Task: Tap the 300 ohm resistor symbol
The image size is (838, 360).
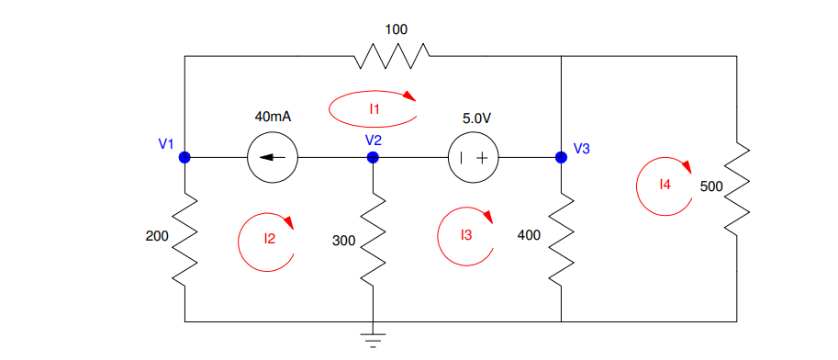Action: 373,241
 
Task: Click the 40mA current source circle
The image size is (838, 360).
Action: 273,157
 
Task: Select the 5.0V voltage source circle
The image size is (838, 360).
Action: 472,157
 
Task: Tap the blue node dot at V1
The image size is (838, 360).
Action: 184,157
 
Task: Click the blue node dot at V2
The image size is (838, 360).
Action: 373,157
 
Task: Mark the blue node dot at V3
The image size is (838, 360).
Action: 561,157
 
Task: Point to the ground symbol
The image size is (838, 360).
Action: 373,340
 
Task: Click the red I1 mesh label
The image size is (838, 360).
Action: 374,109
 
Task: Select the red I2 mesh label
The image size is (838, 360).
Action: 269,239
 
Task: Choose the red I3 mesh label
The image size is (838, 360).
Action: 466,236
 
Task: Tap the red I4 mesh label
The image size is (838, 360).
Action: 665,185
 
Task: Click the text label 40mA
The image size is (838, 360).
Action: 273,118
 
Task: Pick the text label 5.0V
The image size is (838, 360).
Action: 476,118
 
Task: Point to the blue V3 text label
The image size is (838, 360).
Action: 582,148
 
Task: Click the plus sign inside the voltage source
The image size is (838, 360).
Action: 481,158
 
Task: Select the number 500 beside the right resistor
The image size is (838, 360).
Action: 711,186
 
